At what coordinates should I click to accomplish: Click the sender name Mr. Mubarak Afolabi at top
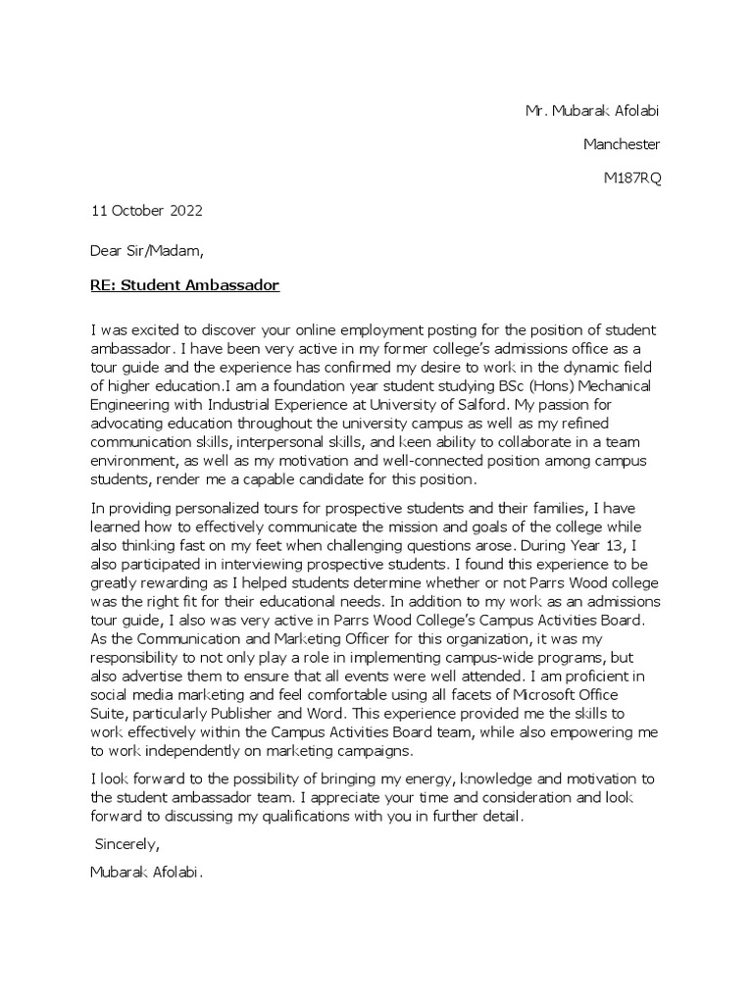(591, 111)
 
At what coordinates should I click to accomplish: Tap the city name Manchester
(622, 144)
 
